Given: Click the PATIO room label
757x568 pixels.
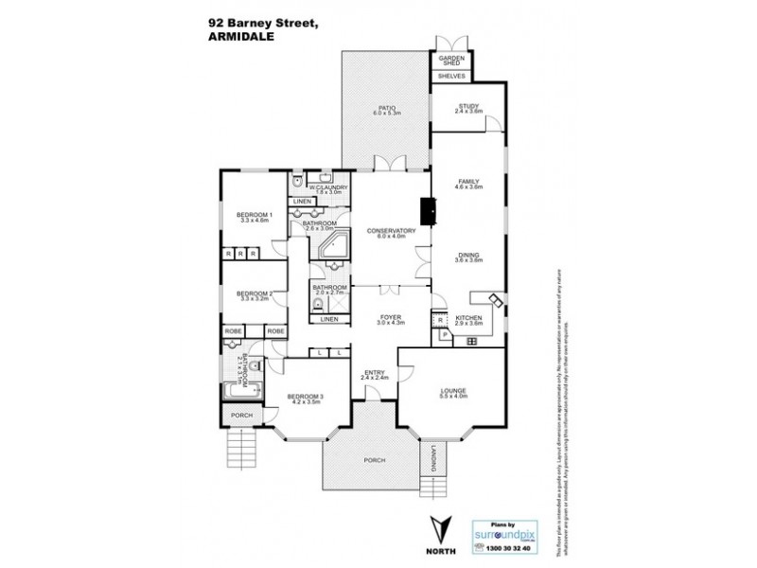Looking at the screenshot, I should click(x=386, y=108).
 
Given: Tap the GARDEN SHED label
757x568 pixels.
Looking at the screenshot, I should click(x=450, y=60).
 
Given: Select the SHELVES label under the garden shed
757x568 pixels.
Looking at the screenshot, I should click(x=450, y=76).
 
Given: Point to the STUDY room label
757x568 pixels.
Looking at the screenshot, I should click(x=469, y=106).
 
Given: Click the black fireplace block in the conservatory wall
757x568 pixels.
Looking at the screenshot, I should click(x=428, y=211).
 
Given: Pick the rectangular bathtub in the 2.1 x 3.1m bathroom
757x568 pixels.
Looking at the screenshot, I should click(x=238, y=390).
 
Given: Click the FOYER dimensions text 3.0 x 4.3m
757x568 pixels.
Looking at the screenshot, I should click(x=390, y=323).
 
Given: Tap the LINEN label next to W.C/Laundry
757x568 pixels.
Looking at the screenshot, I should click(x=302, y=202).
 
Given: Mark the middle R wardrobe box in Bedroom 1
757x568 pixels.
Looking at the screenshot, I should click(x=242, y=254).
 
